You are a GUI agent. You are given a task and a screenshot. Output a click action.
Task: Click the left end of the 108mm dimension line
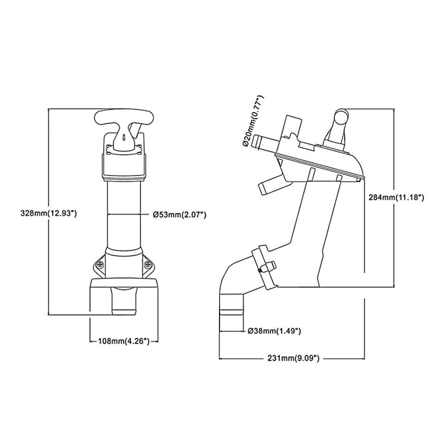(90, 341)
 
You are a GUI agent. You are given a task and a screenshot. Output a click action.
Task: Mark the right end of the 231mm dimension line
(364, 359)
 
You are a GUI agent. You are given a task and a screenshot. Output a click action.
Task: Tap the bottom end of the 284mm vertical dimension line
(394, 287)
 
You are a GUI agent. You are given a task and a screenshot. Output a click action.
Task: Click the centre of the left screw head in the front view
(100, 264)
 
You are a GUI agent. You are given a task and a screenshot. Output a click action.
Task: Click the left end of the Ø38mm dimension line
(220, 331)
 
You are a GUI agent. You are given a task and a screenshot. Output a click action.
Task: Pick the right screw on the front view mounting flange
(147, 264)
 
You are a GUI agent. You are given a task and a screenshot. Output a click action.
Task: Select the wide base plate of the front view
(124, 282)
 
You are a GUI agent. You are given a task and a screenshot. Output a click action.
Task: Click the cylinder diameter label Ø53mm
(180, 215)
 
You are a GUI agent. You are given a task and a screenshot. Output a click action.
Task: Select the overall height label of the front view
(48, 213)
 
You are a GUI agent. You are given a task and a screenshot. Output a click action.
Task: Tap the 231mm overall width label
(293, 358)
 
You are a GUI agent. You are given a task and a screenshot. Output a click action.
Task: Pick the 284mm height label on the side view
(396, 197)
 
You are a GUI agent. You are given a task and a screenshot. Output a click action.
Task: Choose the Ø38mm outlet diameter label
(275, 331)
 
